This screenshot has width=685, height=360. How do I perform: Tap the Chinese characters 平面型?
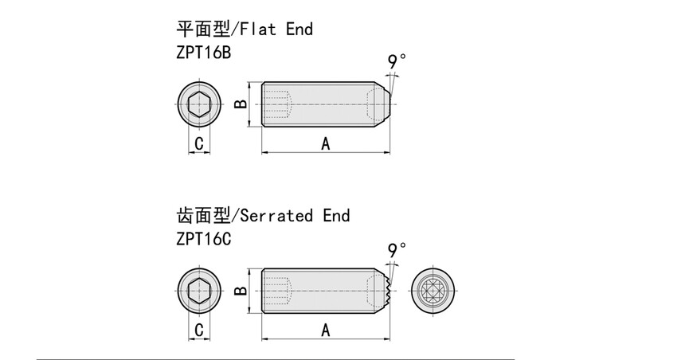click(x=201, y=29)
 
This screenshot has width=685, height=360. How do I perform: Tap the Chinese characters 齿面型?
click(x=201, y=216)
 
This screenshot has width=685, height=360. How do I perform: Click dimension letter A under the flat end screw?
click(x=325, y=143)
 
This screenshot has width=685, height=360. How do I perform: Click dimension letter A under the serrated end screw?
click(x=325, y=330)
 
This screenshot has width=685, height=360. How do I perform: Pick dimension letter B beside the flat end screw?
click(x=241, y=104)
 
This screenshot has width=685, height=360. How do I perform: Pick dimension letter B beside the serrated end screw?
click(x=241, y=292)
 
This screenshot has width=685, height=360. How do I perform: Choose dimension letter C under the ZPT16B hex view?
click(x=199, y=143)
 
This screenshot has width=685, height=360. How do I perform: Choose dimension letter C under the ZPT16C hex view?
click(x=199, y=330)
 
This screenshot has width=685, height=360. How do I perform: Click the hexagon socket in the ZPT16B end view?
click(x=199, y=104)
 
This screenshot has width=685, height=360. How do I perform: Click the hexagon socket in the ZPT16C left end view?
click(x=199, y=292)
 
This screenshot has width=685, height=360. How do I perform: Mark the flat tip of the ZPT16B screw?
click(x=388, y=104)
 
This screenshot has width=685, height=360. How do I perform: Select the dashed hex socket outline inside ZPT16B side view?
click(x=279, y=104)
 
